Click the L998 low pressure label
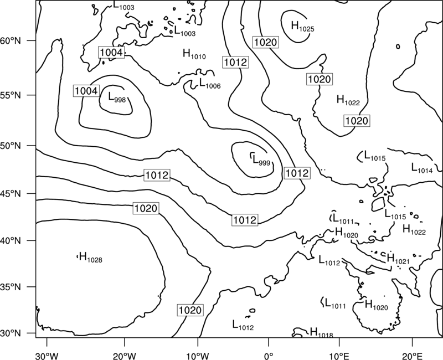(117, 97)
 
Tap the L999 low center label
(261, 160)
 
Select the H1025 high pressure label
(302, 26)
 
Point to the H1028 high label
(91, 258)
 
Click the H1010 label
(194, 54)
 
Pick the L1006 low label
(210, 83)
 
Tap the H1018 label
(322, 333)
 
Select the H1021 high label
(398, 259)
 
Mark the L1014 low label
(422, 168)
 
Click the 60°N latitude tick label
(11, 40)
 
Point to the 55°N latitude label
(11, 95)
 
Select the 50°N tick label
(11, 146)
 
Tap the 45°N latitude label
(11, 193)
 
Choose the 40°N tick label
(11, 241)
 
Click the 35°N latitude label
(11, 287)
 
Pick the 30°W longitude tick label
(47, 356)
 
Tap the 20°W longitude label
(125, 356)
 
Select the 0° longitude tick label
(269, 356)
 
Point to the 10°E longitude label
(339, 356)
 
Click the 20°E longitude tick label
(412, 356)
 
